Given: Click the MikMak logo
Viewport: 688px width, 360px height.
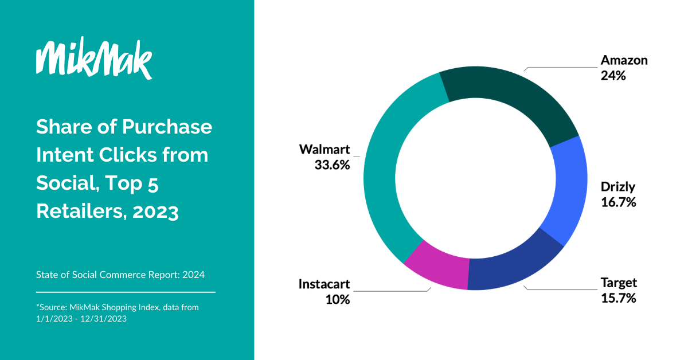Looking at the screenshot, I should (93, 59).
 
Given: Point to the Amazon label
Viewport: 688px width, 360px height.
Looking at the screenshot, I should (624, 60).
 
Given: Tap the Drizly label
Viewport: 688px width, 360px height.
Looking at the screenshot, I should (618, 187).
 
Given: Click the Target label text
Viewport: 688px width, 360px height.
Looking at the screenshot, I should (619, 283).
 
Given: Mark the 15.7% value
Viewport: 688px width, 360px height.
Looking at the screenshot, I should (618, 298).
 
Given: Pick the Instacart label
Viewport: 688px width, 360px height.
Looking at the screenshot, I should (324, 284).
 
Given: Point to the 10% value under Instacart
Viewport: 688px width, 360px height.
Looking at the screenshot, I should (337, 299).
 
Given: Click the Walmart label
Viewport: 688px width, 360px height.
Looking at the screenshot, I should (325, 150).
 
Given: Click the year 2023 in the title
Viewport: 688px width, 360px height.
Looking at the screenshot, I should (155, 212).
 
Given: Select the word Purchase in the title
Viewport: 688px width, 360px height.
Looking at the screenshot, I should (167, 127).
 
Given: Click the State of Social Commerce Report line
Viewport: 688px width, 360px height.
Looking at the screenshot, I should (120, 275).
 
